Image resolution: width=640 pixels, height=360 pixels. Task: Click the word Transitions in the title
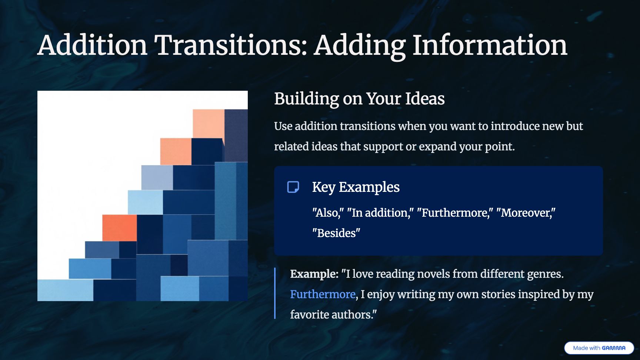[231, 45]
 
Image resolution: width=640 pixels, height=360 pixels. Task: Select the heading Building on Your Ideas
[359, 99]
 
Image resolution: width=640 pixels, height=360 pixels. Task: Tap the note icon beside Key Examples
[293, 187]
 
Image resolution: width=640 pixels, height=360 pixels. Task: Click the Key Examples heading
[356, 187]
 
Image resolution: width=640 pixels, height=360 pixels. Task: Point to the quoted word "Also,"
[328, 213]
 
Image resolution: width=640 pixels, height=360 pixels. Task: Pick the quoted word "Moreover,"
[526, 213]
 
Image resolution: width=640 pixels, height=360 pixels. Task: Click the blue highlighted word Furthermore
[323, 294]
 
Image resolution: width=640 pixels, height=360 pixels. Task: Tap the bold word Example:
[314, 274]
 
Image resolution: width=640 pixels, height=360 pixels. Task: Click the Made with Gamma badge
[599, 348]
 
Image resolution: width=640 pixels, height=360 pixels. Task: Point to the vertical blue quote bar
[275, 293]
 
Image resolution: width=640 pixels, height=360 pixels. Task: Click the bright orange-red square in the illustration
[120, 228]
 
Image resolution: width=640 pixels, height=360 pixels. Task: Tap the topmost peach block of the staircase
[209, 123]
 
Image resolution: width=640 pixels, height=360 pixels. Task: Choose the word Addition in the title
[93, 45]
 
